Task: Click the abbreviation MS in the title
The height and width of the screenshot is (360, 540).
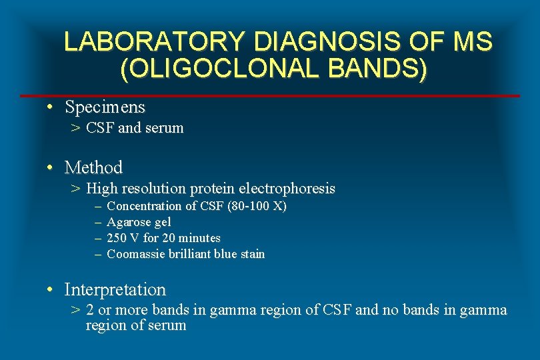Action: (x=472, y=42)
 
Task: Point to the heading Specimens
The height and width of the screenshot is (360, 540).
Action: (x=105, y=107)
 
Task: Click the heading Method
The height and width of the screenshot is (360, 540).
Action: (x=93, y=167)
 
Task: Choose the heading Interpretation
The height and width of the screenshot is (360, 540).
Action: (x=115, y=290)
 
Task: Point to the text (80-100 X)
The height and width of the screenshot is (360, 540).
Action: (x=257, y=206)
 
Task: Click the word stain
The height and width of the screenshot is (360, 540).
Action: (x=251, y=254)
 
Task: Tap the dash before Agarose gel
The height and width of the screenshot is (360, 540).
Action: (x=97, y=222)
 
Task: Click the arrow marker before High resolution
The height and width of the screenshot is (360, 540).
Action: (x=76, y=189)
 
